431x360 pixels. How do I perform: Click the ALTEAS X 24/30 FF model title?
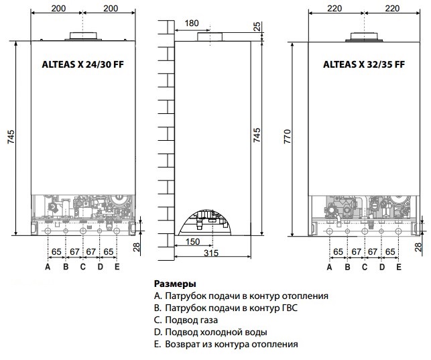pos(82,64)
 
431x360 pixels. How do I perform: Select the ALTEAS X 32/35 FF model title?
pos(364,64)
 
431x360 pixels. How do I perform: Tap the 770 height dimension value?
pos(288,136)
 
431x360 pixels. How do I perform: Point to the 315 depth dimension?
pos(211,253)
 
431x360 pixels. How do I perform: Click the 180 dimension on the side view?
pos(192,23)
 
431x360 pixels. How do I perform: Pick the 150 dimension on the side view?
pos(192,241)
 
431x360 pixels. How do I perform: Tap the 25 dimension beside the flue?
pos(257,26)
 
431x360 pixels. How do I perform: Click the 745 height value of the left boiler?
pos(11,137)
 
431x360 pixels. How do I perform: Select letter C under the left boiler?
pos(82,267)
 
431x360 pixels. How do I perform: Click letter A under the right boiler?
pos(329,267)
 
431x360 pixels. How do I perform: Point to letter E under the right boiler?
pos(399,267)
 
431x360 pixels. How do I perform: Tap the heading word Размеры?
pos(175,284)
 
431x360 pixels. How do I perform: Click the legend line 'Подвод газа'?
pos(186,320)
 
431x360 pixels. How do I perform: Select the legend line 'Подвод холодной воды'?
pos(210,333)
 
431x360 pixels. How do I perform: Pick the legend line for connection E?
pos(226,345)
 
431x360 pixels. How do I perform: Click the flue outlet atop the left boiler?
pos(83,36)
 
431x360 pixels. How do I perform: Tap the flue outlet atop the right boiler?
pos(364,37)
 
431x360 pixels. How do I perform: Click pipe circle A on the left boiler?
pos(48,231)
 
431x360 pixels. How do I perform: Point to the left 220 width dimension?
pos(334,9)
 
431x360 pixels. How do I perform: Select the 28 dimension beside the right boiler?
pos(418,247)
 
